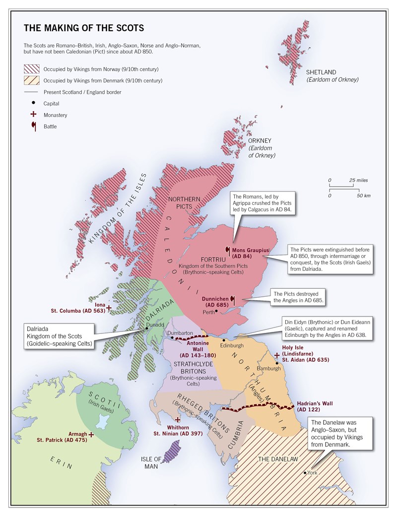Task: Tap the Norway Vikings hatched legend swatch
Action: pos(30,69)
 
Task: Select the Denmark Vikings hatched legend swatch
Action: pos(30,80)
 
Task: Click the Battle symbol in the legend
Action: pos(33,126)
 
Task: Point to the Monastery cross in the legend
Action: pos(33,115)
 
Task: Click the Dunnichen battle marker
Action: pos(232,299)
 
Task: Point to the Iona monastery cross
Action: pos(109,308)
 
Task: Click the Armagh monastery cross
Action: pos(91,434)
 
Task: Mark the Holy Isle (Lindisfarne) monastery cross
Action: pos(277,355)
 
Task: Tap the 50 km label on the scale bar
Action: pos(364,196)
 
